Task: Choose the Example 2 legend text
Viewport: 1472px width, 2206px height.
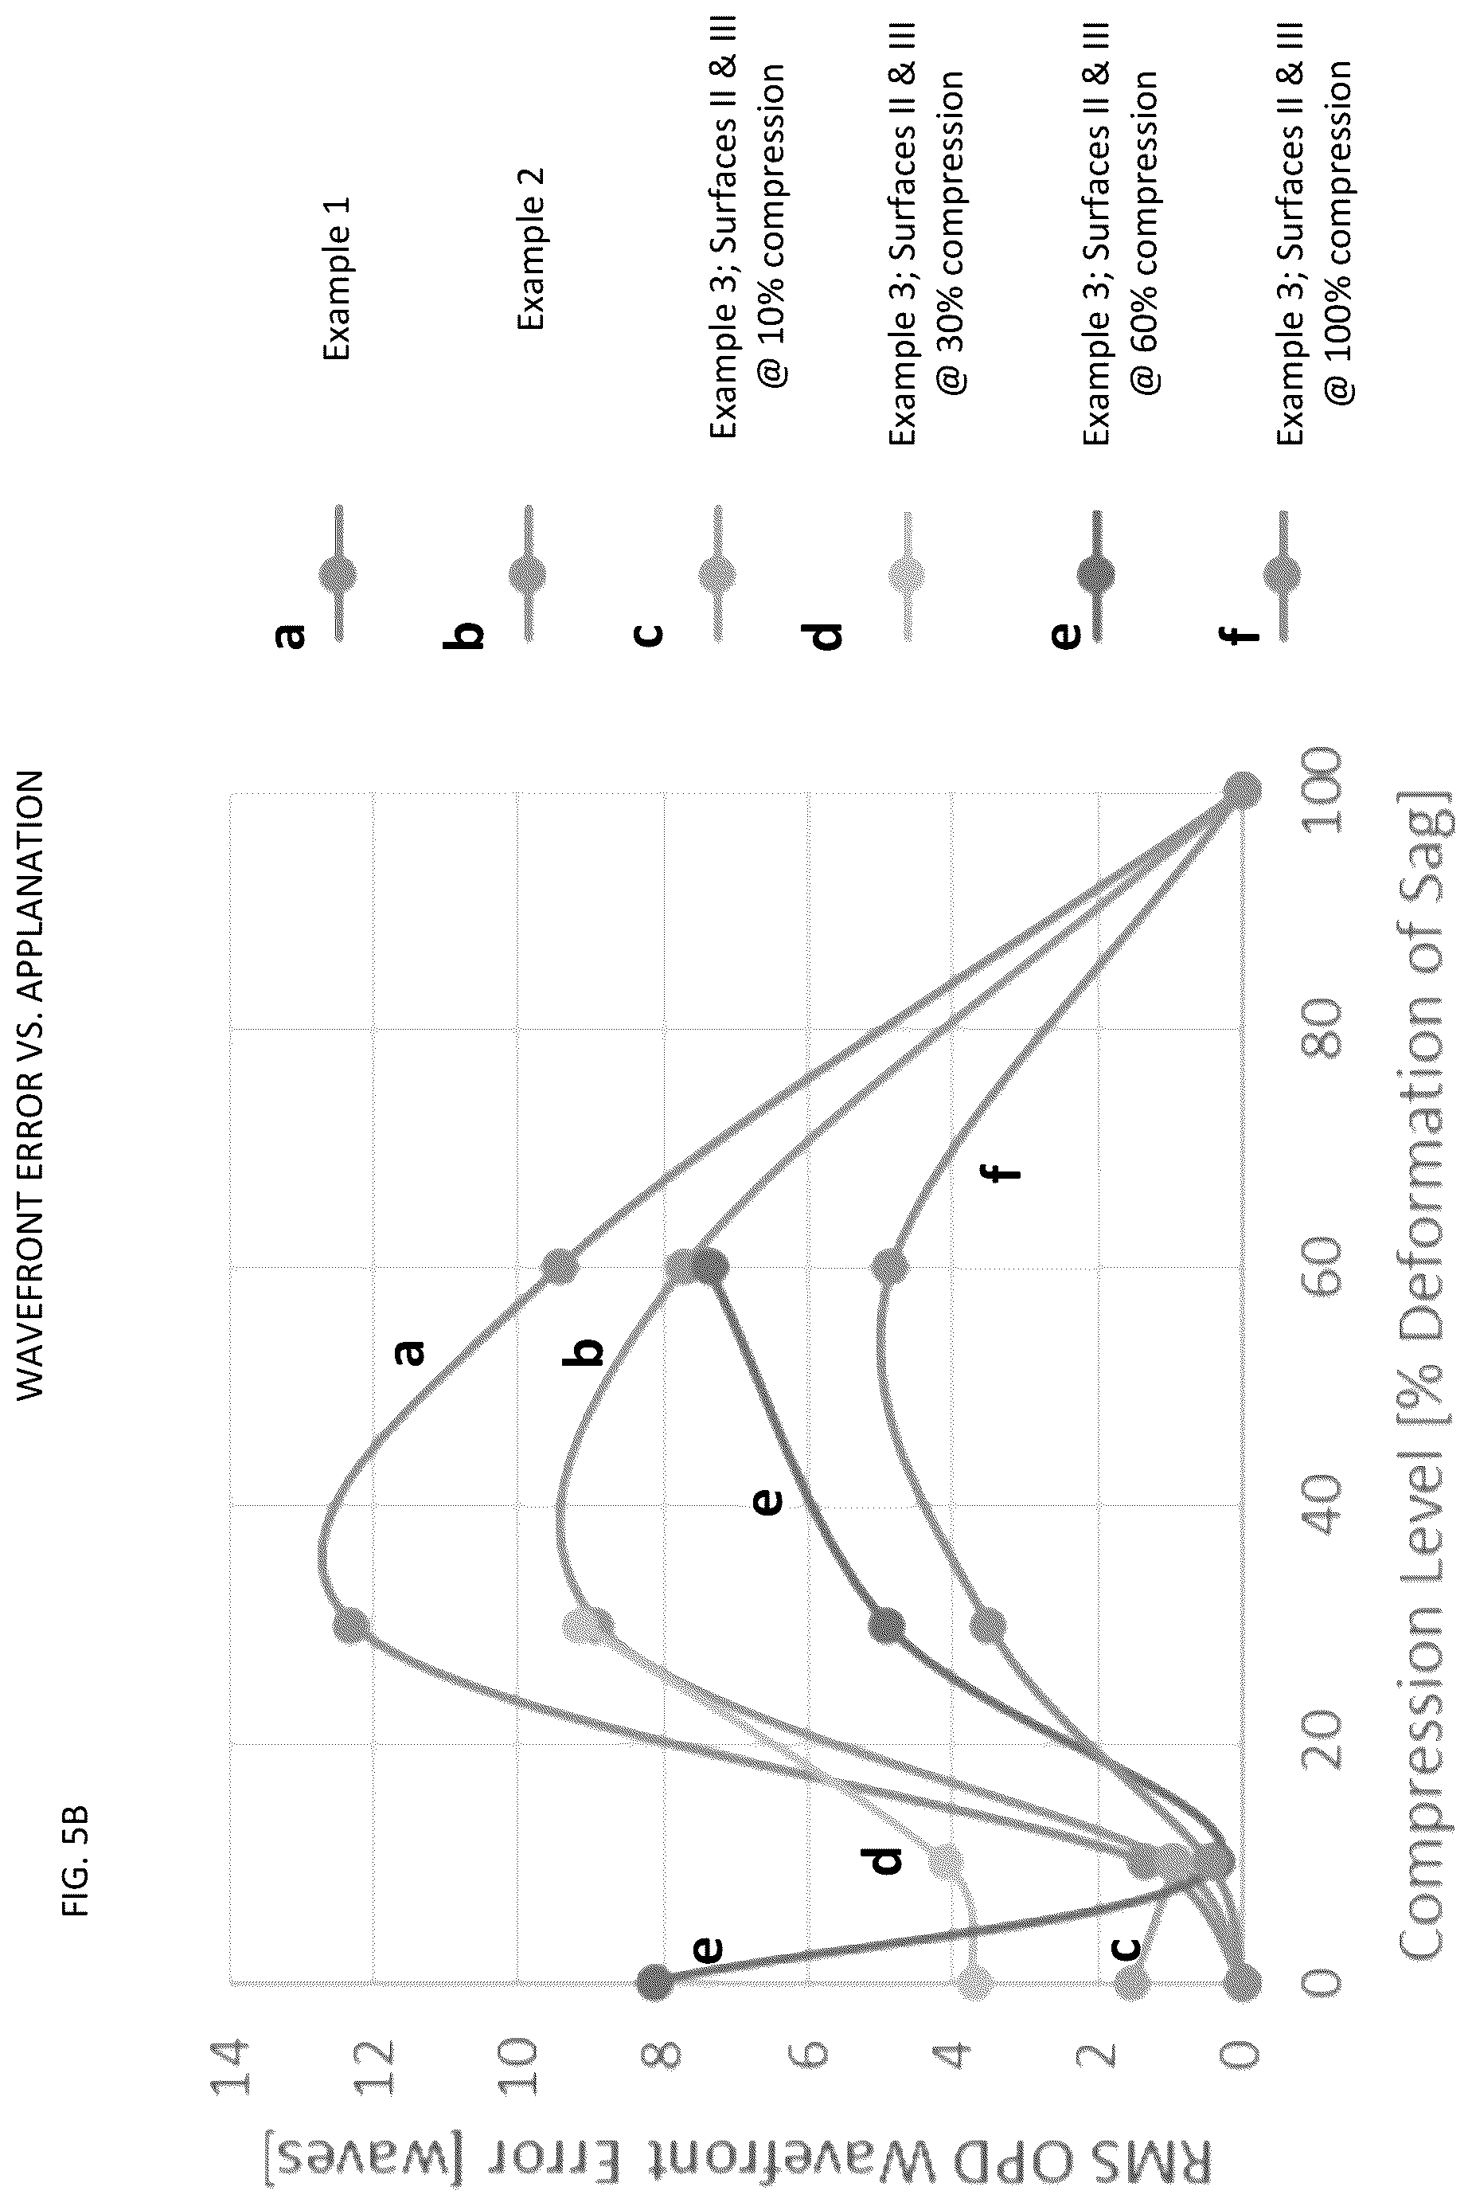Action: pyautogui.click(x=530, y=248)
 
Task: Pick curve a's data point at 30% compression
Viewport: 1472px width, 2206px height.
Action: pyautogui.click(x=351, y=1625)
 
